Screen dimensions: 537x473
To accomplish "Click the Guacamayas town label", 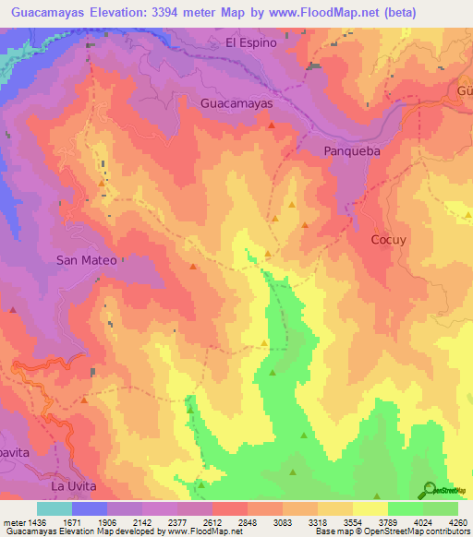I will (236, 104).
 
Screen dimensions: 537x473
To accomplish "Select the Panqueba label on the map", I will (352, 150).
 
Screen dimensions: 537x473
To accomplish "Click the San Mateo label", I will (87, 260).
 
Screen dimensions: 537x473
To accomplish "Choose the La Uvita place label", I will (74, 485).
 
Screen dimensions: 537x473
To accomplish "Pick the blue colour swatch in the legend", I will (90, 507).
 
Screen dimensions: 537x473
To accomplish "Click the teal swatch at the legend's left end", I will (55, 507).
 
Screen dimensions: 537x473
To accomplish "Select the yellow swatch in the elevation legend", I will (370, 507).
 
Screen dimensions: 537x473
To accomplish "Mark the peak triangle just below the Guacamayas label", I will (271, 125).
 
